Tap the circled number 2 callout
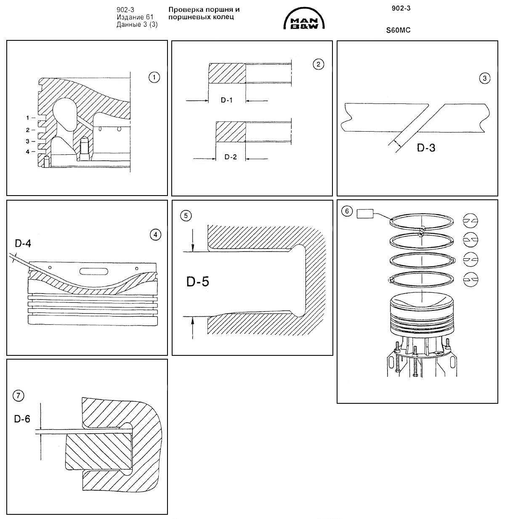click(x=318, y=64)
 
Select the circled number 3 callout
click(x=485, y=78)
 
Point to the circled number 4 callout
click(x=155, y=235)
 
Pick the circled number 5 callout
click(x=186, y=215)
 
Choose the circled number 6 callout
click(x=346, y=211)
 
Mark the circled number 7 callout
click(x=19, y=395)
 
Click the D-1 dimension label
click(x=227, y=101)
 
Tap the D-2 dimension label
click(x=230, y=157)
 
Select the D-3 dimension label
click(x=426, y=148)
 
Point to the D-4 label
click(x=23, y=243)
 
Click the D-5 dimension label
click(x=197, y=281)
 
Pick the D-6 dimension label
click(x=22, y=419)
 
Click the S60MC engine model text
click(x=398, y=30)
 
